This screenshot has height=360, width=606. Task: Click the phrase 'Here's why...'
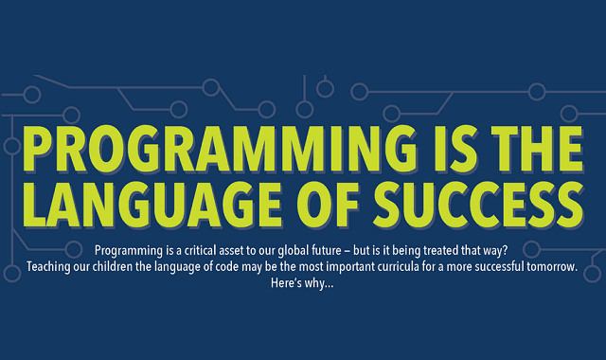pos(302,283)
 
